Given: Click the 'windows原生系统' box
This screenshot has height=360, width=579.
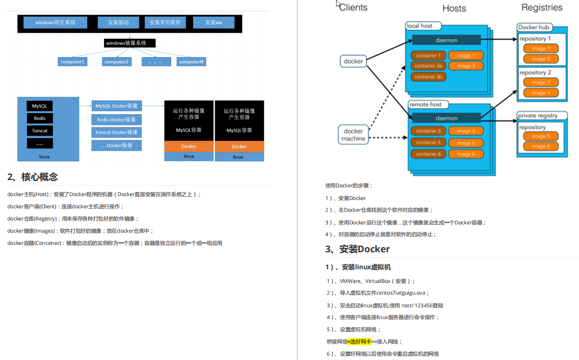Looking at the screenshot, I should click(55, 22).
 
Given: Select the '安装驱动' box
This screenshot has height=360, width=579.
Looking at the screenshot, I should click(119, 22).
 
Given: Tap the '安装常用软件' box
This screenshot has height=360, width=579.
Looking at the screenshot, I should click(165, 22).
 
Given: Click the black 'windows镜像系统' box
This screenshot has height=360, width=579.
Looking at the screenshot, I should click(129, 43).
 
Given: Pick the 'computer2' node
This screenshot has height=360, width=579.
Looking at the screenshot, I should click(117, 62).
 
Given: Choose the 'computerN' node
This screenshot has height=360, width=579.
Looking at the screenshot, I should click(191, 62).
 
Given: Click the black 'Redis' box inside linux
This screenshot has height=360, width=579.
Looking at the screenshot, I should click(40, 119).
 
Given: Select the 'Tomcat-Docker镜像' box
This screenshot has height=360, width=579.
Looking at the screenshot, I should click(116, 132).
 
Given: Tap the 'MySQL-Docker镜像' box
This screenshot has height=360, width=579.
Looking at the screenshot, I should click(116, 106).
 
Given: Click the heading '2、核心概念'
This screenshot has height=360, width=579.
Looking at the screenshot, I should click(33, 177).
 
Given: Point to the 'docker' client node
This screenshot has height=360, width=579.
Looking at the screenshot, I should click(353, 61).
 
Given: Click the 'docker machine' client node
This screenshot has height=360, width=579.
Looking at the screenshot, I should click(353, 135).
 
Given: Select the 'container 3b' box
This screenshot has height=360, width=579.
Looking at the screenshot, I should click(428, 77).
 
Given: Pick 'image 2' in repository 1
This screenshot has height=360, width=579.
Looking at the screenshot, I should click(541, 59).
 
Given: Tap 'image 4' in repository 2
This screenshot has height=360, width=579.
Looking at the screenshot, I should click(541, 93).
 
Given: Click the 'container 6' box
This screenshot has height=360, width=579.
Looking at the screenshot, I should click(428, 154).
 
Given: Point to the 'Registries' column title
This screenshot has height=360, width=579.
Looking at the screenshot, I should click(541, 7).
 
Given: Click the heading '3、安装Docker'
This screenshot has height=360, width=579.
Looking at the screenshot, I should click(358, 249).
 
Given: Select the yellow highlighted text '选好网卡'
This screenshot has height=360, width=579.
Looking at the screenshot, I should click(360, 341).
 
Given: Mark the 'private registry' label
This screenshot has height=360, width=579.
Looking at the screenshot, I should click(538, 116).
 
